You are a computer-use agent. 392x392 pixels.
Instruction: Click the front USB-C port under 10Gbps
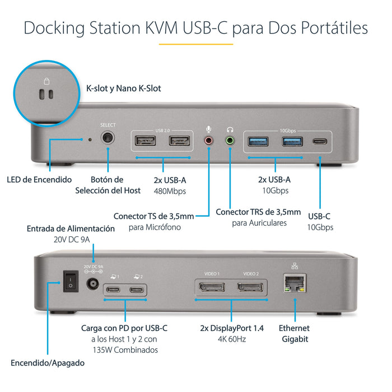320,142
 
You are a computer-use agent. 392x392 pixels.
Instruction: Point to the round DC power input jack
93,284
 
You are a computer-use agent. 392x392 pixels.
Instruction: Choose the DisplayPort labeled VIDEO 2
251,288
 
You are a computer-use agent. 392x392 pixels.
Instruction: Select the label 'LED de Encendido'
39,180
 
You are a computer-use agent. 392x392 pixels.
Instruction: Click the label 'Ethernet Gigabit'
294,334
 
